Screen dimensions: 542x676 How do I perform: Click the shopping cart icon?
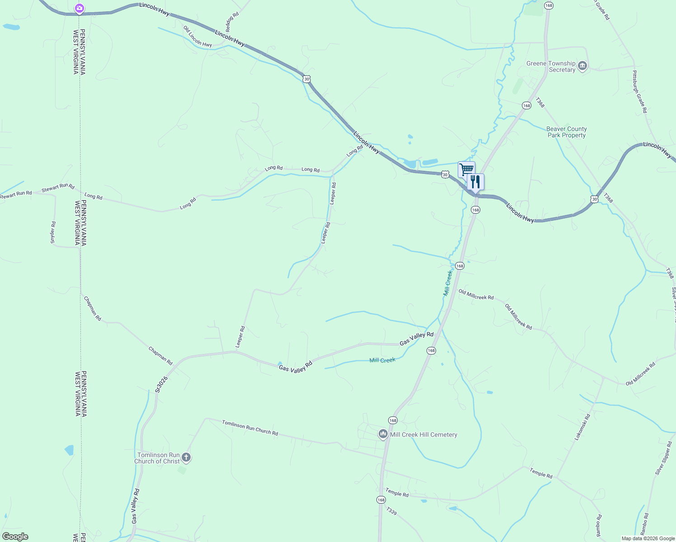point(466,169)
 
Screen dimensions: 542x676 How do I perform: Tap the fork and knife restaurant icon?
point(475,182)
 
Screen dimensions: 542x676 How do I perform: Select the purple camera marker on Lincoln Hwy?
point(80,8)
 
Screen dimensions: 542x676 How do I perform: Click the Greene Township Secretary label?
point(551,66)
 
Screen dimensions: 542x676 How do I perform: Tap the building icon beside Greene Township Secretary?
point(582,66)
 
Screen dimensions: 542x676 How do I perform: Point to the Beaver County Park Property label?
point(566,132)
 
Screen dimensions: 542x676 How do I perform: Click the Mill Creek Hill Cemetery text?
point(423,435)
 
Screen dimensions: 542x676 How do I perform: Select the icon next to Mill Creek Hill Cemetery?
point(383,435)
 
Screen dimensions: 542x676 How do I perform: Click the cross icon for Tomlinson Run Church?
point(186,458)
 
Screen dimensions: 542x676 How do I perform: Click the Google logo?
point(15,537)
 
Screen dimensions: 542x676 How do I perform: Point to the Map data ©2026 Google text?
point(648,538)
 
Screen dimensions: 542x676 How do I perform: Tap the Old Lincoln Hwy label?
point(197,37)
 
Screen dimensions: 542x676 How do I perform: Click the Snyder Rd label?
point(53,233)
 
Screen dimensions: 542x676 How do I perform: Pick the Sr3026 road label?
point(161,384)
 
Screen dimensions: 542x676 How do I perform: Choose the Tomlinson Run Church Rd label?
point(250,428)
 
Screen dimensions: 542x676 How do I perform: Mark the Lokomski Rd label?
point(582,427)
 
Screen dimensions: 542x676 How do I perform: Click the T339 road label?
point(391,511)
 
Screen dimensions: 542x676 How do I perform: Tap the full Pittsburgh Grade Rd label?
point(639,92)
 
